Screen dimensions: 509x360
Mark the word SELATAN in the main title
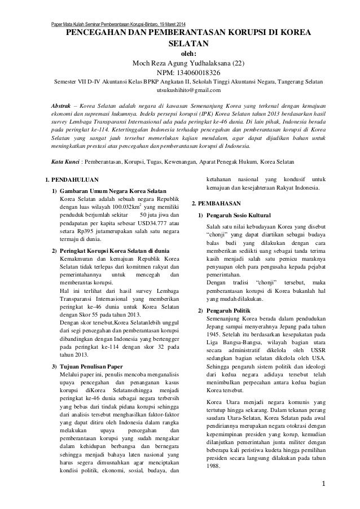[x=181, y=43]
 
